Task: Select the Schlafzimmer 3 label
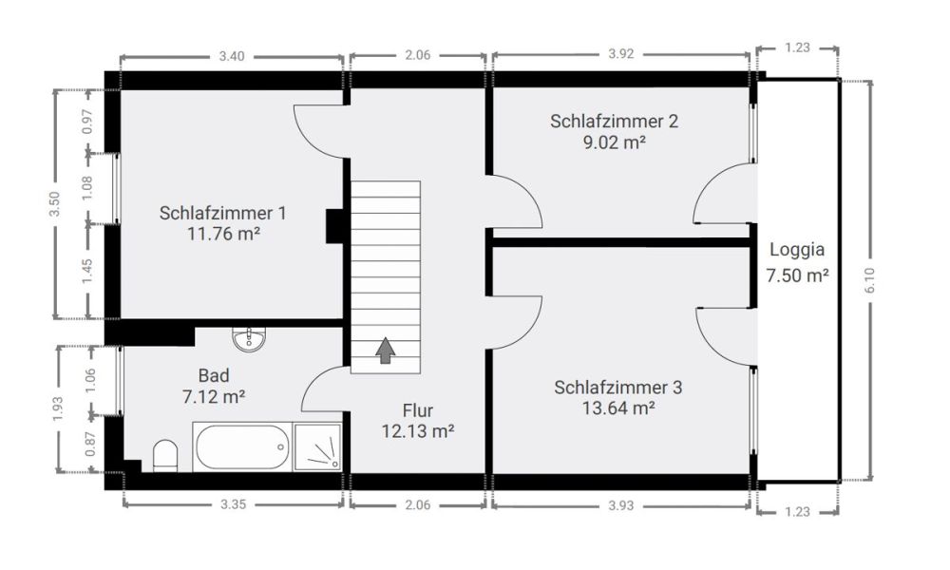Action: point(617,388)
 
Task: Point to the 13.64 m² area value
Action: point(617,408)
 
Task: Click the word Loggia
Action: point(797,252)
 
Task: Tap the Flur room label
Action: point(418,411)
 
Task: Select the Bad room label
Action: point(214,375)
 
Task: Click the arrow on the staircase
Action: point(385,351)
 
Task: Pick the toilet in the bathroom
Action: point(164,456)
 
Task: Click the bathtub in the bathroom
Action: point(241,446)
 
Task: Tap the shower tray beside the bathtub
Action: point(317,446)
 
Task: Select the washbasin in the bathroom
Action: point(250,337)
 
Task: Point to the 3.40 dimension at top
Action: point(232,56)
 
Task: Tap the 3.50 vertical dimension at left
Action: point(54,204)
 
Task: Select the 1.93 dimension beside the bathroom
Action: point(58,408)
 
